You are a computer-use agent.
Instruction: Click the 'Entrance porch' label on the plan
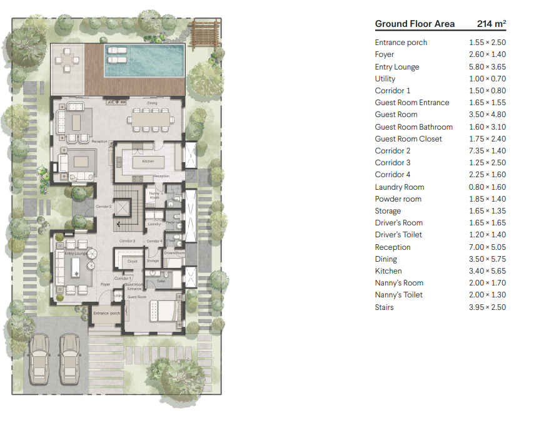[106, 313]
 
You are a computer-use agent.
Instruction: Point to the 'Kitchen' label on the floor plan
[148, 161]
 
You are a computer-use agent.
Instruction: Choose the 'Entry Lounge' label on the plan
[76, 254]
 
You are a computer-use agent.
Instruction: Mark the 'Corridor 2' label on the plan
[103, 206]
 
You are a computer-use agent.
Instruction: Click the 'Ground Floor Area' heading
[414, 24]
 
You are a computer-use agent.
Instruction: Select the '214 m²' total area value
[491, 24]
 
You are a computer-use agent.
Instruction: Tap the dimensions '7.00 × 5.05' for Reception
[487, 247]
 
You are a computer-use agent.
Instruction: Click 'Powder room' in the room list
[398, 199]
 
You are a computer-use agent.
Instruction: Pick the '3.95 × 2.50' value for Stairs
[487, 307]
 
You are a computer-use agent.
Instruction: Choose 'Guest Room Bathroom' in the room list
[413, 127]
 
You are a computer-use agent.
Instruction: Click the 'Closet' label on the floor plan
[132, 261]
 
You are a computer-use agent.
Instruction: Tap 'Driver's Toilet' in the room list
[398, 235]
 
